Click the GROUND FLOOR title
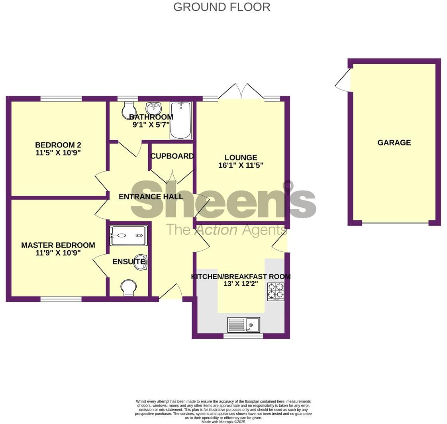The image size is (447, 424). pyautogui.click(x=222, y=7)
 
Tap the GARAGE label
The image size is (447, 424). pyautogui.click(x=394, y=142)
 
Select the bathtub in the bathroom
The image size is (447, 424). pyautogui.click(x=180, y=120)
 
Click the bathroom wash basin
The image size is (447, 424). pyautogui.click(x=153, y=108)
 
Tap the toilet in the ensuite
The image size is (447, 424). pyautogui.click(x=128, y=287)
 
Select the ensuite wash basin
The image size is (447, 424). pyautogui.click(x=141, y=262)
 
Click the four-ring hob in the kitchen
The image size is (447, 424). pyautogui.click(x=276, y=291)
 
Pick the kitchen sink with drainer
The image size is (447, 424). pyautogui.click(x=243, y=324)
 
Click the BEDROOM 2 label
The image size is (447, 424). pyautogui.click(x=58, y=145)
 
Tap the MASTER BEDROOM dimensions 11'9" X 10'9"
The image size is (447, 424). pyautogui.click(x=58, y=253)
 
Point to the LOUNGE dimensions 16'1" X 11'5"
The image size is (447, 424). pyautogui.click(x=241, y=165)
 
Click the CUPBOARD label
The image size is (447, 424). pyautogui.click(x=172, y=156)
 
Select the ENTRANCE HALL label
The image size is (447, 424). pyautogui.click(x=151, y=196)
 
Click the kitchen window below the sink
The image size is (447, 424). pyautogui.click(x=243, y=336)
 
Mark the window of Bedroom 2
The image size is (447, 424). pyautogui.click(x=61, y=98)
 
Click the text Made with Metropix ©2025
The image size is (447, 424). pyautogui.click(x=223, y=422)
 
